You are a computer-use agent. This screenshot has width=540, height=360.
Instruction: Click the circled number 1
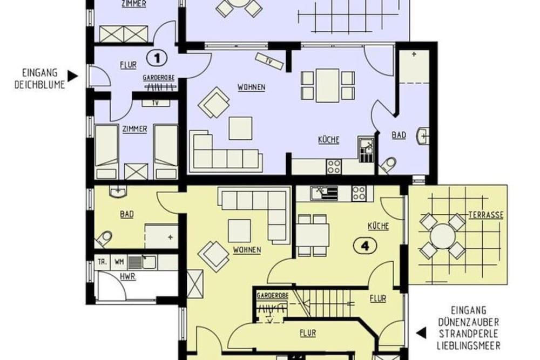tap(156, 56)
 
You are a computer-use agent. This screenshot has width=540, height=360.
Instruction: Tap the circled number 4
tap(364, 246)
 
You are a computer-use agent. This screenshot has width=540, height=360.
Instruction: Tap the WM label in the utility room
tap(119, 262)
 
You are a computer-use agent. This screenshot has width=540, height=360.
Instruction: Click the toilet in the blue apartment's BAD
tap(389, 164)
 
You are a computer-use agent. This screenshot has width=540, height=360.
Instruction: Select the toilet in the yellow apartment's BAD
tap(105, 237)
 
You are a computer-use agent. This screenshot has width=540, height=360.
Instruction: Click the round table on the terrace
tap(443, 236)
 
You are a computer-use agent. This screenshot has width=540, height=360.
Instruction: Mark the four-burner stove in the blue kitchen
tap(334, 166)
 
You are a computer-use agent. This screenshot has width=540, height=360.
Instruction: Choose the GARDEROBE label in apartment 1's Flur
tap(158, 78)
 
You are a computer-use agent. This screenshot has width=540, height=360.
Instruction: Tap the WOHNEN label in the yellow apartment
tap(247, 250)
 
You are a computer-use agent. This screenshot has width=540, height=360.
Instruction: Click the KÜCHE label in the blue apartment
tap(328, 140)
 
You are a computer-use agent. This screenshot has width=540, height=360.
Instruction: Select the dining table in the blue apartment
tap(327, 85)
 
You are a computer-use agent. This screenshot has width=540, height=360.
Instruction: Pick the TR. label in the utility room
tap(102, 262)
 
